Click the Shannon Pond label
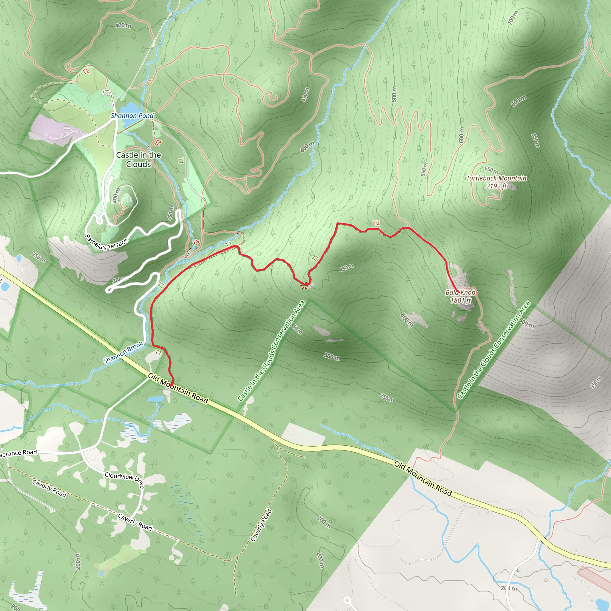point(132,116)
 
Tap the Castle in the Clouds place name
point(138,159)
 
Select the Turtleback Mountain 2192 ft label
point(496,182)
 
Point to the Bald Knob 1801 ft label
point(460,296)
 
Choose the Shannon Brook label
point(123,353)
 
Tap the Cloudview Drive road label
point(125,480)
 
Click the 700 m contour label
point(513,18)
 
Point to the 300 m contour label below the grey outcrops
point(332,357)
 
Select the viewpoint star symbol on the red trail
point(304,286)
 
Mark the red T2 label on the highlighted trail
point(376,223)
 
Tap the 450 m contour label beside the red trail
point(346,268)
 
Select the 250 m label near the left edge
point(38,257)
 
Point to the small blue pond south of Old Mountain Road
point(155,399)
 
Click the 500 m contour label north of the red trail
point(394,94)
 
